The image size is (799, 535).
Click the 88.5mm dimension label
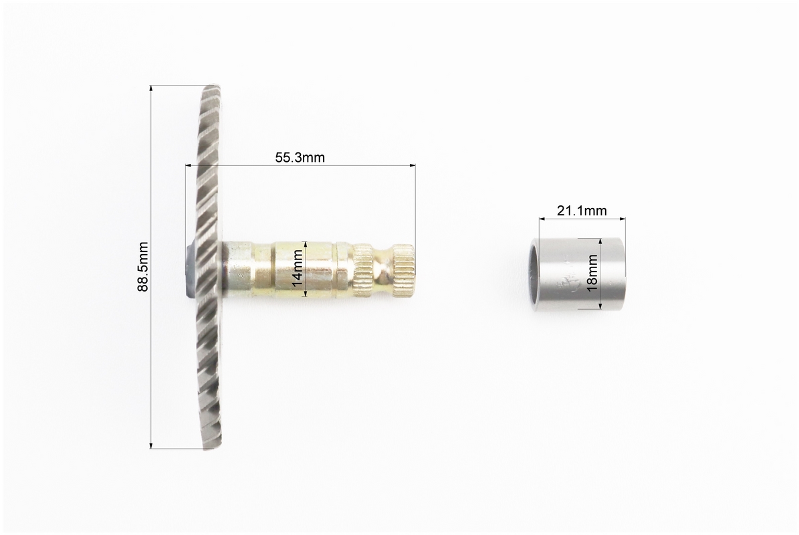point(143,267)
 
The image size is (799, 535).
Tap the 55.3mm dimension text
point(300,157)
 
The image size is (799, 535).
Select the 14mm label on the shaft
point(298,269)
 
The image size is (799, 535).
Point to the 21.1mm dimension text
point(582,211)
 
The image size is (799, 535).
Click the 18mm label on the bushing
point(592,273)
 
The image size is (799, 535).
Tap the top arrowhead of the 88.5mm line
point(151,89)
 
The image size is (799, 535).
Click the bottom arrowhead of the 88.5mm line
point(151,445)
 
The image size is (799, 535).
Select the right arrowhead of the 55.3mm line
point(412,165)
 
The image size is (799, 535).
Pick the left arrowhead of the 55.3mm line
point(189,165)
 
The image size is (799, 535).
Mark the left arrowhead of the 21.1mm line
point(543,219)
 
